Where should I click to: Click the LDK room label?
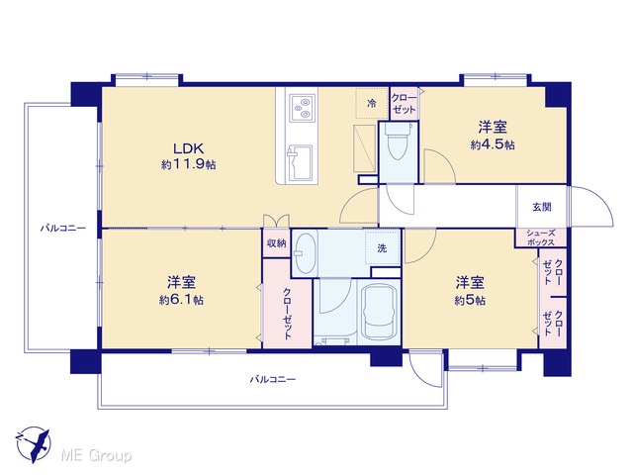[x=189, y=148]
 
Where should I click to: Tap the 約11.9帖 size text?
[x=189, y=164]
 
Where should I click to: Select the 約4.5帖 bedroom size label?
[x=493, y=144]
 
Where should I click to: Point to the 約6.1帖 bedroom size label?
[x=181, y=300]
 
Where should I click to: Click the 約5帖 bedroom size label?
[x=470, y=301]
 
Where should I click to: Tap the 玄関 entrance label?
[x=542, y=207]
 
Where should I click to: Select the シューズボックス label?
[x=541, y=237]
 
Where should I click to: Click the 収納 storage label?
[x=277, y=242]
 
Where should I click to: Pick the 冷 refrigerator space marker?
[x=371, y=103]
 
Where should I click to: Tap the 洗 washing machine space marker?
[x=382, y=248]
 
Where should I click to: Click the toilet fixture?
[x=398, y=142]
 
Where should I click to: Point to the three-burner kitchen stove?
[x=302, y=108]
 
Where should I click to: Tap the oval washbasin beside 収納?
[x=305, y=253]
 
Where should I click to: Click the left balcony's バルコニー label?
[x=63, y=229]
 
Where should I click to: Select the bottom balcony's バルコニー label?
[x=273, y=379]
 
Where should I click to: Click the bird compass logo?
[x=34, y=444]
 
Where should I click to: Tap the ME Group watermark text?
[x=96, y=456]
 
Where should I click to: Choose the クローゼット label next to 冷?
[x=404, y=103]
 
